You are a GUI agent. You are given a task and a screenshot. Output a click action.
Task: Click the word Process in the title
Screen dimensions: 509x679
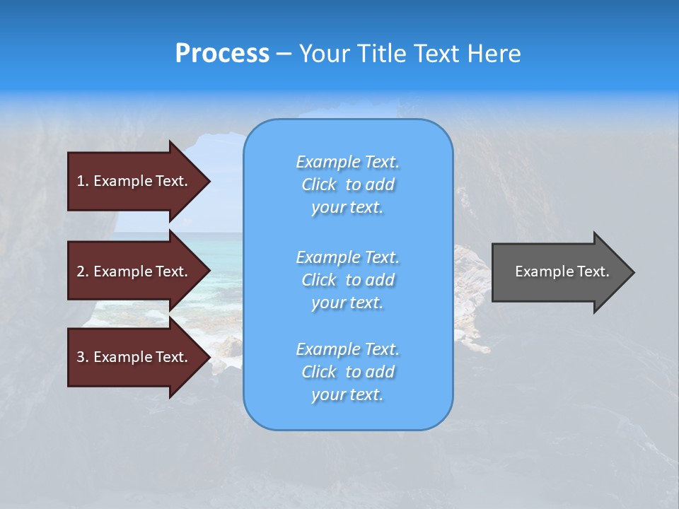tap(222, 54)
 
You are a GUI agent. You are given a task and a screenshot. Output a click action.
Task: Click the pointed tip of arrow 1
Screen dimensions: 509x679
tap(207, 181)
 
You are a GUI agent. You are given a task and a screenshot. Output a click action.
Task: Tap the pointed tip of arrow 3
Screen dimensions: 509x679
tap(207, 357)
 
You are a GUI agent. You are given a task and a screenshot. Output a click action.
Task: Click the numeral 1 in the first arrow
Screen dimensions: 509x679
tap(80, 181)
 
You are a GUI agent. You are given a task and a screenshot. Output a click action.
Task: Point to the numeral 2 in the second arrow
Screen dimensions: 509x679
tap(81, 271)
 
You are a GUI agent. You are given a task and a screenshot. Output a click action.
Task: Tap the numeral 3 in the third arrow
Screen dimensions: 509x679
tap(81, 357)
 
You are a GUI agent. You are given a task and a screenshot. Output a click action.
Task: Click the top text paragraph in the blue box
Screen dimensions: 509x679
tap(348, 185)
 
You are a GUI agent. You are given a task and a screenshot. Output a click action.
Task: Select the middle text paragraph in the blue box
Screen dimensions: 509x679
tap(348, 280)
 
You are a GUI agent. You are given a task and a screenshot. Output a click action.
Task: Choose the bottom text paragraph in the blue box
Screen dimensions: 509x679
tap(348, 372)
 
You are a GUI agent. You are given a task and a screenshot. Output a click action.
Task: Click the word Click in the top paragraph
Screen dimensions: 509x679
tap(318, 185)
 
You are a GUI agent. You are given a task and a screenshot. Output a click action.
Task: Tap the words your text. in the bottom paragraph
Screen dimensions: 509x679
tap(347, 394)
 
